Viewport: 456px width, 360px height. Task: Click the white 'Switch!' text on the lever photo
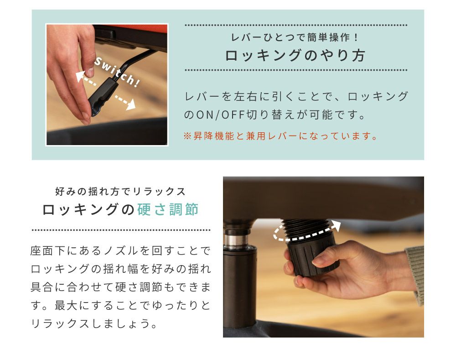pos(117,72)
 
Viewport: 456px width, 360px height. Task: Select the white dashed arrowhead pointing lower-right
pos(131,104)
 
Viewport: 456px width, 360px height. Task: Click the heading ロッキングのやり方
pos(295,55)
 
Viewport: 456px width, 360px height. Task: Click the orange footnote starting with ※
pos(280,136)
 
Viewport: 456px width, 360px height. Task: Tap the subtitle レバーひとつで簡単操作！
pos(295,37)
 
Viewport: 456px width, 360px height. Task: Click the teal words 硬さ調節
pos(168,209)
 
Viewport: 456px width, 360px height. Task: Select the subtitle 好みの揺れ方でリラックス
pos(120,192)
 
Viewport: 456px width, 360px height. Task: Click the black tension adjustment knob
pos(313,256)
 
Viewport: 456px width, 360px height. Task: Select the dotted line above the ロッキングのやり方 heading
pos(296,25)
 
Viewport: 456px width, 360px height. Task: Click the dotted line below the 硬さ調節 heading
pos(121,230)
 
